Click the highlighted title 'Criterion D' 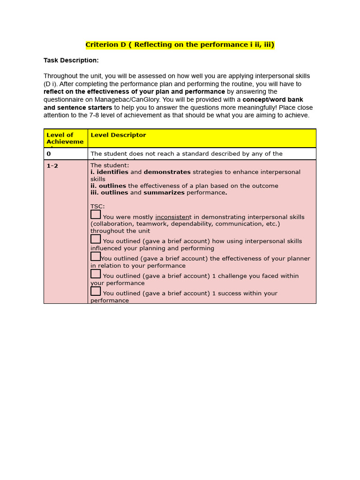coord(180,45)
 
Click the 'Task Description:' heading coord(71,60)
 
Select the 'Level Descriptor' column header coord(118,135)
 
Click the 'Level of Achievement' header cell coord(65,138)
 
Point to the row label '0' coord(49,154)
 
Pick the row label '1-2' coord(52,166)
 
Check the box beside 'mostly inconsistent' coord(96,215)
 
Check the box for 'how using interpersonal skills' coord(96,239)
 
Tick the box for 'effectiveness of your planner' coord(96,256)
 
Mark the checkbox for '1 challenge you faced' coord(96,274)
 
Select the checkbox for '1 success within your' coord(96,291)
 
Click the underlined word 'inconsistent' coord(173,217)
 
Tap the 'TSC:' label coord(97,206)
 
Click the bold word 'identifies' coord(112,172)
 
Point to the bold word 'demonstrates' coord(167,172)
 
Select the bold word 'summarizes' coord(164,193)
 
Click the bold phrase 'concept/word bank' coord(272,100)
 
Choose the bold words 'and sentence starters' coord(78,108)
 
